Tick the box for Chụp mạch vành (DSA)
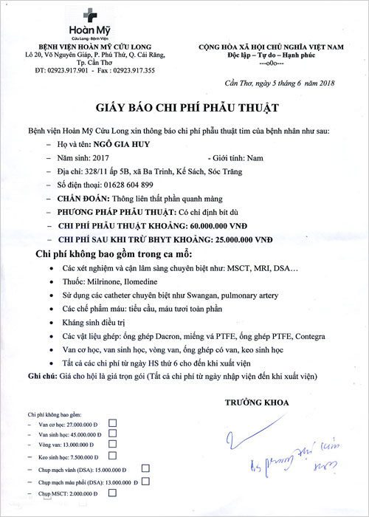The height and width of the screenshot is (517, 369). pyautogui.click(x=145, y=468)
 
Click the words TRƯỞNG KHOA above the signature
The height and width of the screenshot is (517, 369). pyautogui.click(x=254, y=403)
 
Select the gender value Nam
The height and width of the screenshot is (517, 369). pyautogui.click(x=256, y=157)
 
